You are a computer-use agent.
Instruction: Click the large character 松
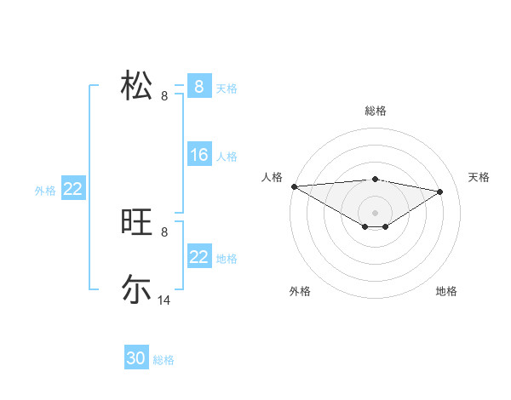tap(136, 86)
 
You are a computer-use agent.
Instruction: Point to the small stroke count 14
tap(164, 300)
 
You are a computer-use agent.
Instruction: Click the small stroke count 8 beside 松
tap(164, 96)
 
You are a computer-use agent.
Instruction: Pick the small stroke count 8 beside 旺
tap(164, 231)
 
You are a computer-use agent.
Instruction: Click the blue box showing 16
tap(199, 155)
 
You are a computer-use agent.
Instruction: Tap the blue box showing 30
tap(136, 358)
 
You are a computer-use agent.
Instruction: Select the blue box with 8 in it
tap(199, 87)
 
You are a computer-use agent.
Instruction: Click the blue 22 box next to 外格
tap(72, 189)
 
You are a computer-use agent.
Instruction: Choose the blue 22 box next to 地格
tap(199, 257)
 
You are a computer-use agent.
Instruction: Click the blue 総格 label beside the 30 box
tap(164, 360)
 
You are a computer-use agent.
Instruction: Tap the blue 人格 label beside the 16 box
tap(227, 157)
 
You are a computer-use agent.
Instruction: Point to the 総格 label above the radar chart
tap(375, 111)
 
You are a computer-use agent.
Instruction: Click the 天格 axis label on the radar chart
tap(479, 177)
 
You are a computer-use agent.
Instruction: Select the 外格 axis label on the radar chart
tap(300, 291)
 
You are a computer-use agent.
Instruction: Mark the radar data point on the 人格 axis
tap(294, 186)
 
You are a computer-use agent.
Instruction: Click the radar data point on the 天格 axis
tap(439, 191)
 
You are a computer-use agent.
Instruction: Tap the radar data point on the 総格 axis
tap(375, 179)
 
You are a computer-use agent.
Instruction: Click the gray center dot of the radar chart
tap(375, 212)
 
